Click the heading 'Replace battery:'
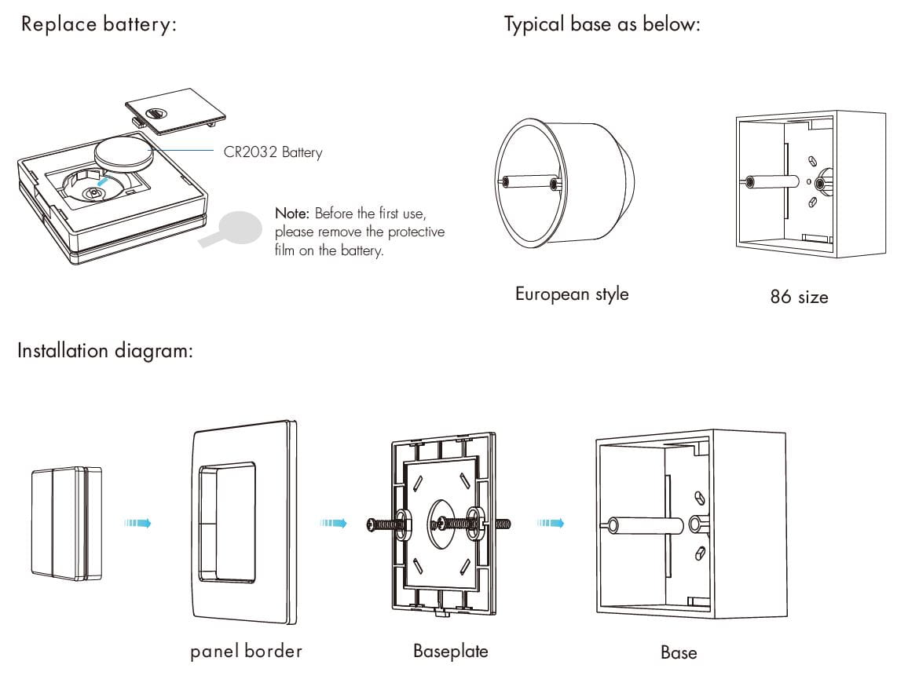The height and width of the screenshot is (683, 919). pyautogui.click(x=99, y=24)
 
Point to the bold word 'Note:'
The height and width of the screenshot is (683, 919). pyautogui.click(x=293, y=214)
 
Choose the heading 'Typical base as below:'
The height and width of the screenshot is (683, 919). pyautogui.click(x=602, y=24)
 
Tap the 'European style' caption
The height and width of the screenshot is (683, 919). pyautogui.click(x=571, y=294)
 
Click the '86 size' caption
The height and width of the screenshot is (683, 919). pyautogui.click(x=799, y=298)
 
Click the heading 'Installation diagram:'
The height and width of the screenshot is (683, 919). pyautogui.click(x=105, y=350)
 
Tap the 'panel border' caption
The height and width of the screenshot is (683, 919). pyautogui.click(x=246, y=651)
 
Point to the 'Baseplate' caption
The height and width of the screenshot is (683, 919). pyautogui.click(x=450, y=651)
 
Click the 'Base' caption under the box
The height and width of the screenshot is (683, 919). pyautogui.click(x=678, y=652)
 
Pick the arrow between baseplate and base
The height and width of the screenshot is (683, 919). pyautogui.click(x=550, y=523)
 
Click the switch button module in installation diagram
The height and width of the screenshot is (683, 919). pyautogui.click(x=67, y=523)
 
